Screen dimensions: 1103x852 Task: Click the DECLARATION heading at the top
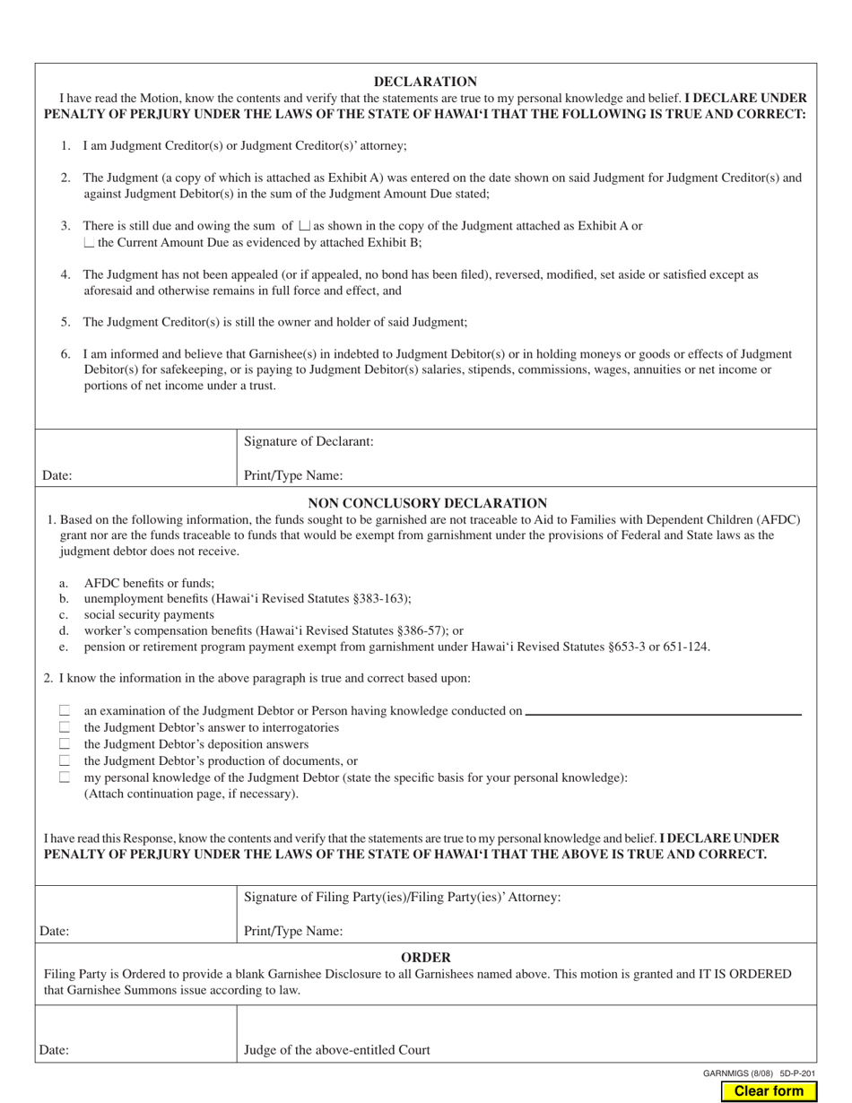pos(425,82)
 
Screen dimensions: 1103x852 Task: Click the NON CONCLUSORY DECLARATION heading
pos(427,504)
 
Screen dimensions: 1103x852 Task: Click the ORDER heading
pos(425,957)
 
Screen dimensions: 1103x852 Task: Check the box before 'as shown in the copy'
pos(305,227)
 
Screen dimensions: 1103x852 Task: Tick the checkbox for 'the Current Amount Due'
pos(89,243)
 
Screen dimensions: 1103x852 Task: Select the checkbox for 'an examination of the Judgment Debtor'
pos(65,710)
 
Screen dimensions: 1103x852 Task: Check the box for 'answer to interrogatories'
pos(65,727)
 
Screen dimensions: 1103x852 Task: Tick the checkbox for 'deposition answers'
pos(65,744)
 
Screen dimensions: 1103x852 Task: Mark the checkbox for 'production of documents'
pos(65,760)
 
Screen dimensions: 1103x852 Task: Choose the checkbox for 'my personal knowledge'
pos(65,777)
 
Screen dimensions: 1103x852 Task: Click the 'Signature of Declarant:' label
pos(309,441)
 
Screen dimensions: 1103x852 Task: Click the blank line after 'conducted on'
pos(663,712)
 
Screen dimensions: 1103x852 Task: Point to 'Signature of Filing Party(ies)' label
pos(403,897)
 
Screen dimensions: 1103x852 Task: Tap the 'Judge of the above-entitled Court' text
pos(337,1049)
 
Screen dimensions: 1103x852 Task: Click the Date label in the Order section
pos(55,1050)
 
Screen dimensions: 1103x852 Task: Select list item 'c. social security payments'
pos(149,614)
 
